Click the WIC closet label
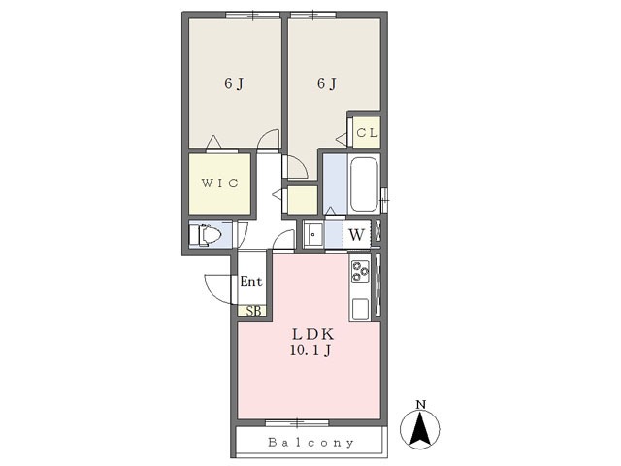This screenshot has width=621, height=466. click(x=220, y=183)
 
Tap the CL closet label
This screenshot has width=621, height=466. click(x=367, y=133)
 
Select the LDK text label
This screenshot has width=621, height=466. click(x=312, y=334)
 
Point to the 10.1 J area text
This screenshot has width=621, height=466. click(x=310, y=350)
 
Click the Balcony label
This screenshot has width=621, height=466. click(x=310, y=443)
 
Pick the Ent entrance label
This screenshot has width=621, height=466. click(x=251, y=282)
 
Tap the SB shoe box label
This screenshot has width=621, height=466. click(x=253, y=311)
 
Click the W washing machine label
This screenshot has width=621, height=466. click(x=356, y=235)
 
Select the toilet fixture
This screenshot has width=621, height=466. click(x=206, y=235)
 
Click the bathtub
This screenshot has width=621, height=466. click(x=364, y=184)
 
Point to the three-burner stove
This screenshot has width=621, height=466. click(x=360, y=272)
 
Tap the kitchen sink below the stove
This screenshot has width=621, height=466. click(x=360, y=309)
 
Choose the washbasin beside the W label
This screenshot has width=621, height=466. click(x=313, y=235)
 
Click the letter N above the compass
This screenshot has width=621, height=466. click(x=420, y=405)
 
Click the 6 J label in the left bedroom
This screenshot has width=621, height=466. click(x=234, y=83)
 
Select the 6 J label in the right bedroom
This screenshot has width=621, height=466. click(x=327, y=83)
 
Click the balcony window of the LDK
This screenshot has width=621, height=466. click(x=297, y=423)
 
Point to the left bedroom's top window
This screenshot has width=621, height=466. click(x=252, y=16)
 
